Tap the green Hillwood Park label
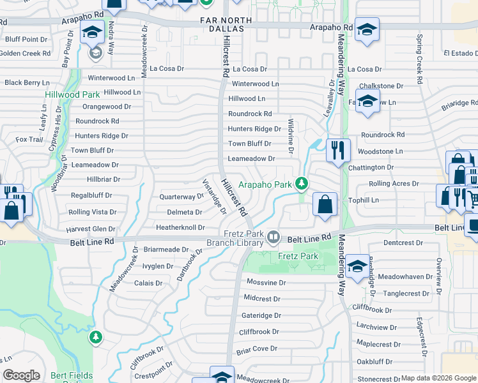[x=72, y=94]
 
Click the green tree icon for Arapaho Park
[x=302, y=184]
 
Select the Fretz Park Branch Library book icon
[x=274, y=237]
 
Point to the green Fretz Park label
[x=298, y=256]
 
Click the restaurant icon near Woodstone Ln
[x=338, y=150]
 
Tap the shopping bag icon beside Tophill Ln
[x=325, y=204]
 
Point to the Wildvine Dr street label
[x=291, y=137]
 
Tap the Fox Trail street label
[x=29, y=139]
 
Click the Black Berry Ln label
[x=27, y=82]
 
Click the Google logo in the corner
[x=21, y=375]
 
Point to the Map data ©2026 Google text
[x=438, y=378]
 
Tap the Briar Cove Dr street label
[x=256, y=349]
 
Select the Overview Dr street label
[x=439, y=273]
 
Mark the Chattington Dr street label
[x=371, y=167]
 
